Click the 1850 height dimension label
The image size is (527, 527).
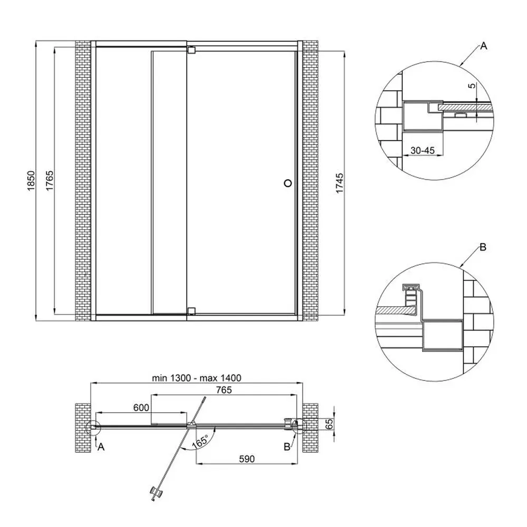coord(31,181)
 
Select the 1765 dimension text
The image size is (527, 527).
coord(50,181)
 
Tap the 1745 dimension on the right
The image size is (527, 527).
coord(339,183)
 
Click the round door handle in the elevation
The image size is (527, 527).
coord(288,183)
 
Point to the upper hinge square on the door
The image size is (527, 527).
coord(191,50)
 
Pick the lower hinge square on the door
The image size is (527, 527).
coord(191,310)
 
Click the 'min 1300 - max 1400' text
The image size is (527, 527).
coord(197,378)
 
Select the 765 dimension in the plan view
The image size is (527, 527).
coord(224,389)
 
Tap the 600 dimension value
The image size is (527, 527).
coord(141,407)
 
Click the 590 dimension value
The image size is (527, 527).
coord(247,458)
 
